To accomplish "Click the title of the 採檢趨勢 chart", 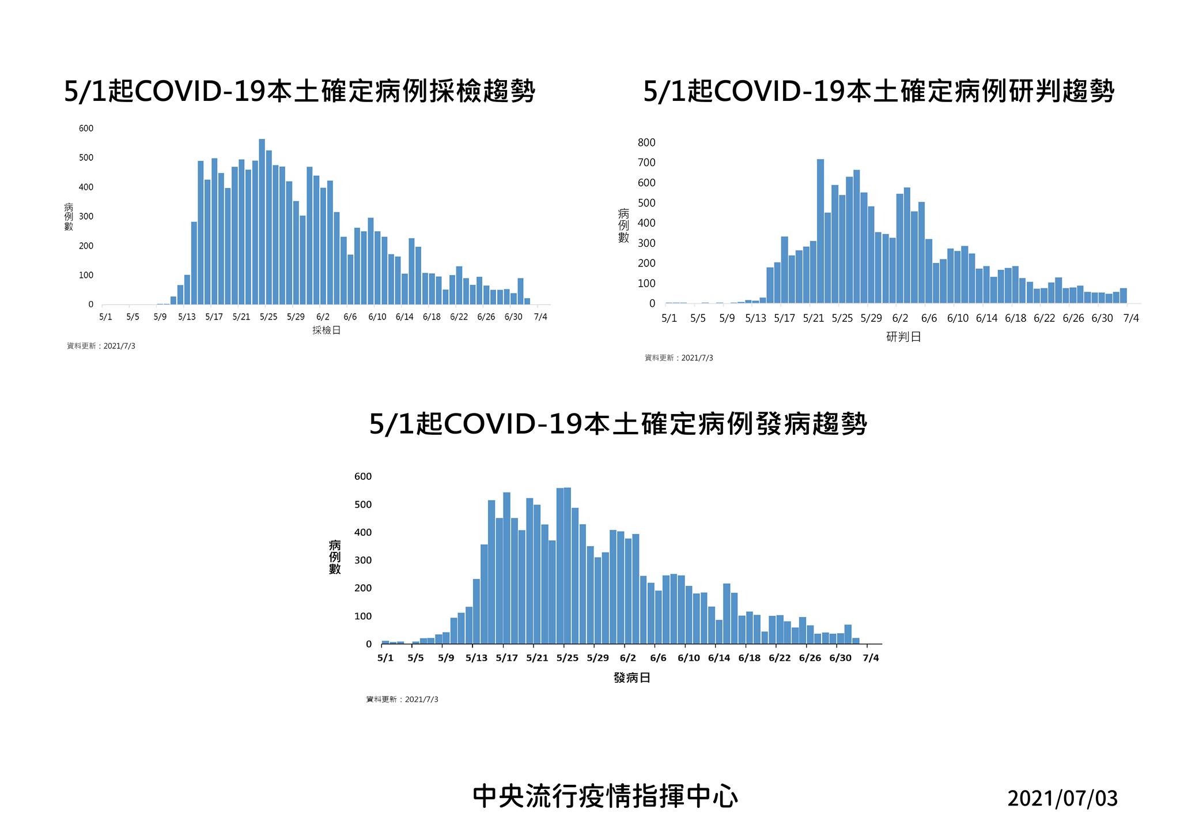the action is [300, 91].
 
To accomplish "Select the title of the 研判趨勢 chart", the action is [879, 91].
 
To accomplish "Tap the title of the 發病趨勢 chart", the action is [618, 424].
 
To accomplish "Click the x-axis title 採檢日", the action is [327, 330].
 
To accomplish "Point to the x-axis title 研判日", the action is [903, 337].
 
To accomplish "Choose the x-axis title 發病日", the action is [632, 678].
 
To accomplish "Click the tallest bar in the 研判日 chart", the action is [820, 231].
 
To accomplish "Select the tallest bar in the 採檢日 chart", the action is [262, 221].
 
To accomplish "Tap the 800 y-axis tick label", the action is [646, 142].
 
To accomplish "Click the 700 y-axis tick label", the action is [646, 163].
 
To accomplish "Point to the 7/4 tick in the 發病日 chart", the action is [871, 658].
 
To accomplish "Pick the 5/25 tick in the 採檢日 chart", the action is [268, 317].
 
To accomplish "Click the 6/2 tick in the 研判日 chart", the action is [900, 318].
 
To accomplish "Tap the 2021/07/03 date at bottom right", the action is [1062, 799].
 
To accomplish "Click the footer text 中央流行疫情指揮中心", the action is [605, 796].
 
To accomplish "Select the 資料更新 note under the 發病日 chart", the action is [402, 699].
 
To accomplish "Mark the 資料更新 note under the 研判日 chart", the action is [679, 358].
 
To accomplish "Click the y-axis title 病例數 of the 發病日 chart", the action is [335, 557].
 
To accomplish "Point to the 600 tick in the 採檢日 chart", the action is [86, 128].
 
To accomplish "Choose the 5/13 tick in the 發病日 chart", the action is [476, 658].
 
